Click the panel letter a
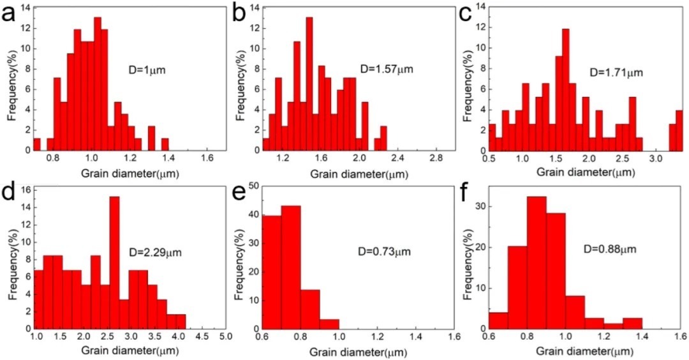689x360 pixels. coord(11,13)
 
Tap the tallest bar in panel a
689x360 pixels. coord(98,83)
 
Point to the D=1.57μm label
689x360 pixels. coord(386,68)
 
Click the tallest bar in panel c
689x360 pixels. coord(565,89)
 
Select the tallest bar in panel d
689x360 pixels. coord(114,262)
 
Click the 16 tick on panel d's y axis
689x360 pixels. coord(26,190)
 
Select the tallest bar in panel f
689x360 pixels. coord(536,262)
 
